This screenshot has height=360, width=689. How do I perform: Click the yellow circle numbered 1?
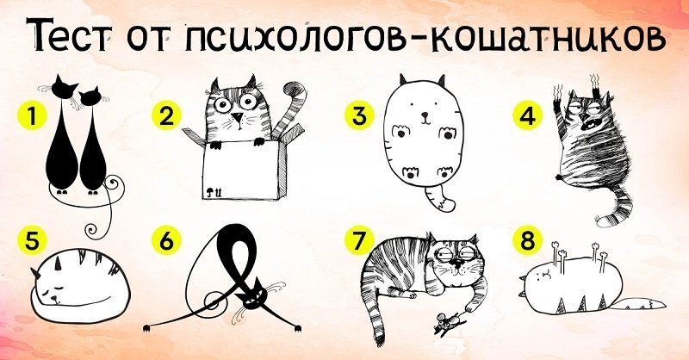32,117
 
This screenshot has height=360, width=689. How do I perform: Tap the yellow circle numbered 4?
527,116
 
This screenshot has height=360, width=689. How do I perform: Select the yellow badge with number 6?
166,241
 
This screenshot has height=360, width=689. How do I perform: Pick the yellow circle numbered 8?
527,241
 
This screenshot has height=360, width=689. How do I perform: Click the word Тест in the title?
70,35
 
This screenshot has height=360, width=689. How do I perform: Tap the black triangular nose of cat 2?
238,118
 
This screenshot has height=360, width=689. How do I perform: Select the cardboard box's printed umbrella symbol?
210,191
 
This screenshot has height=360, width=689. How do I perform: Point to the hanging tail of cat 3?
440,198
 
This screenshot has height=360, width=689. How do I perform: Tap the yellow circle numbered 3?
359,116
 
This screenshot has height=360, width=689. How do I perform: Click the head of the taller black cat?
64,87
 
